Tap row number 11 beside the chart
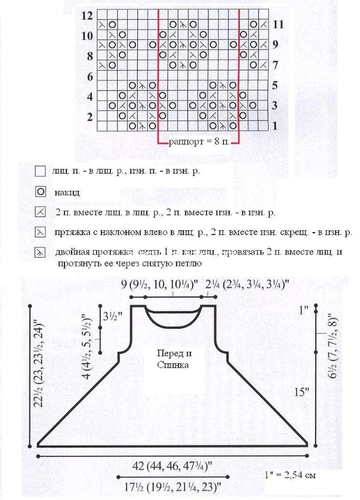tap(276, 24)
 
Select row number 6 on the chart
tap(90, 77)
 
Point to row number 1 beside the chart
tap(275, 126)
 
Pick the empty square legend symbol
tap(40, 171)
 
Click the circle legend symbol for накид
tap(40, 192)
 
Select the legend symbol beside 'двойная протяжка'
tap(40, 252)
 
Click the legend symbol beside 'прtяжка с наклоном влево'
tap(40, 232)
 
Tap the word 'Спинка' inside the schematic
tap(174, 365)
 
